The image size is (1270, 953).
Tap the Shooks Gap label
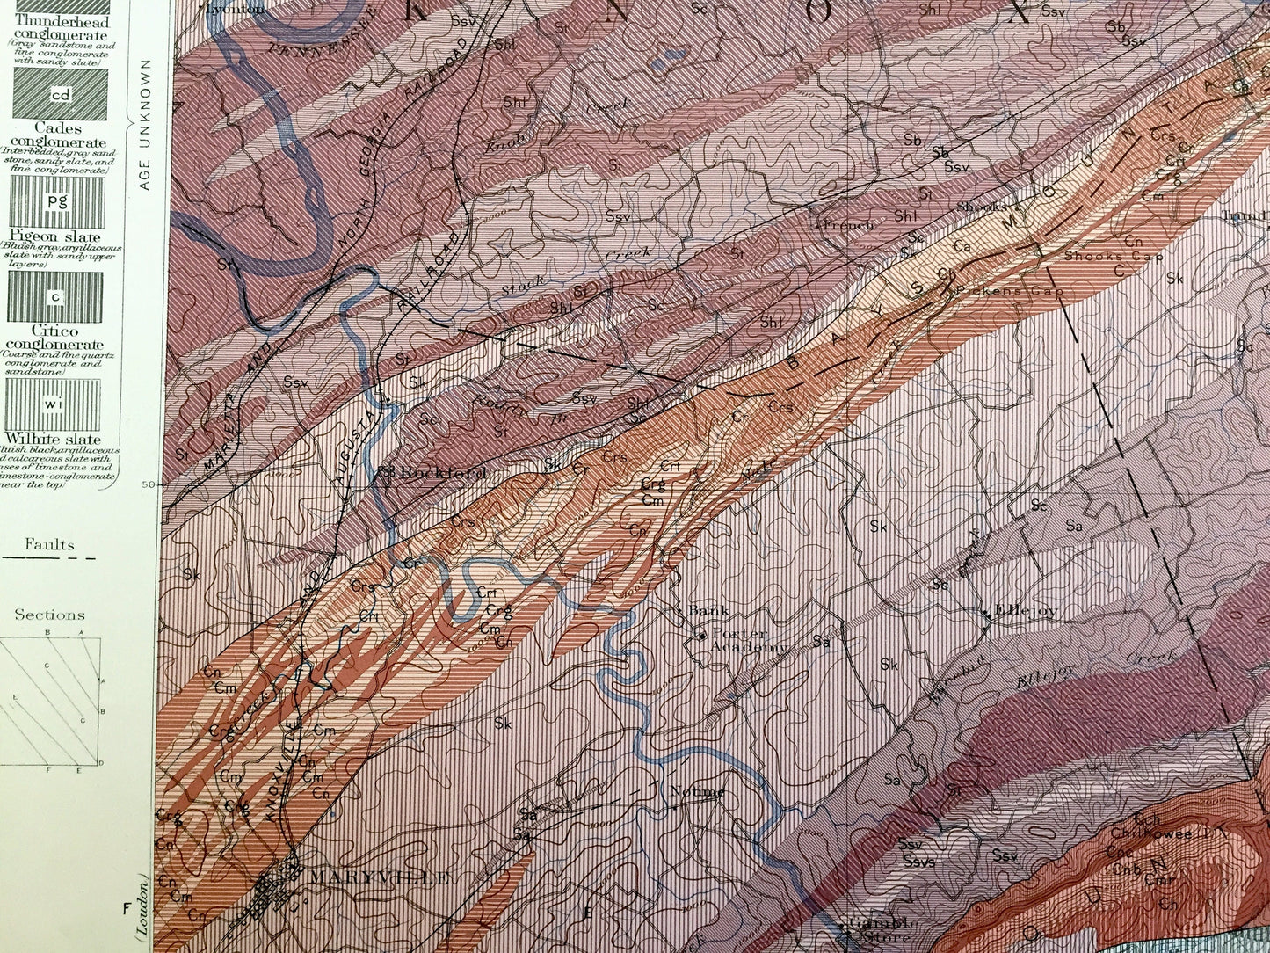[x=1113, y=257]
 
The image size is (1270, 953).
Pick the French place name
[x=849, y=224]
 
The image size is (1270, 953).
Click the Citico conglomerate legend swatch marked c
[x=55, y=297]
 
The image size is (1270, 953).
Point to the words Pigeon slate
[x=54, y=236]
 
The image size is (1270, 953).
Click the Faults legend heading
[x=49, y=545]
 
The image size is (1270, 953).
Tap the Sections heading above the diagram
[x=49, y=615]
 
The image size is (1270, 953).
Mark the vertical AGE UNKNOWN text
[x=146, y=124]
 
